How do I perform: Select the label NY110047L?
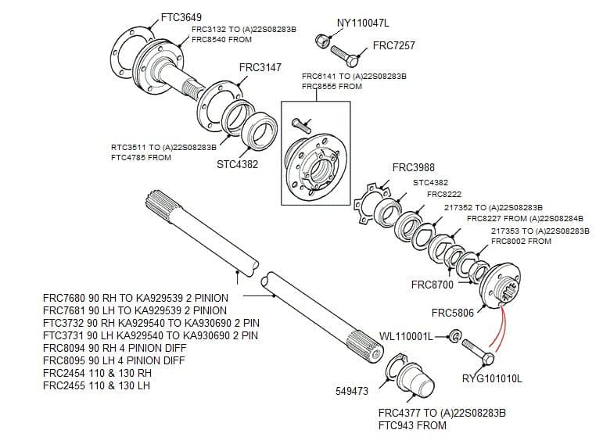click(362, 23)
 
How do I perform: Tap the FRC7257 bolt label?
click(393, 46)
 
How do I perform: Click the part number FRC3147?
click(260, 68)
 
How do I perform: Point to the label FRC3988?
click(413, 167)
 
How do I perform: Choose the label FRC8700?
click(432, 285)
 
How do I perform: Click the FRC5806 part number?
click(453, 313)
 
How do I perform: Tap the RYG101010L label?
click(492, 379)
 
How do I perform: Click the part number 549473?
click(352, 391)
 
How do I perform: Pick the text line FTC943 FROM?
click(412, 425)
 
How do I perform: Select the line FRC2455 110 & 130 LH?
click(96, 385)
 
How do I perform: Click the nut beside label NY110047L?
click(321, 39)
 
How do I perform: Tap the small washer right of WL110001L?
click(453, 337)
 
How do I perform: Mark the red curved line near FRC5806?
click(498, 328)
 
